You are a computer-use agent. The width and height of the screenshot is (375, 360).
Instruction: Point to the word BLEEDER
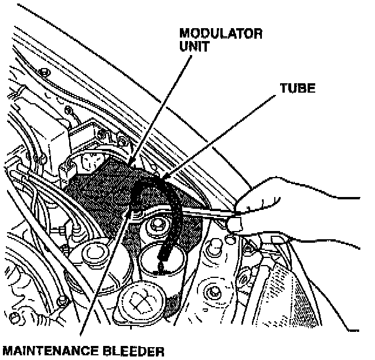pyautogui.click(x=134, y=352)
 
